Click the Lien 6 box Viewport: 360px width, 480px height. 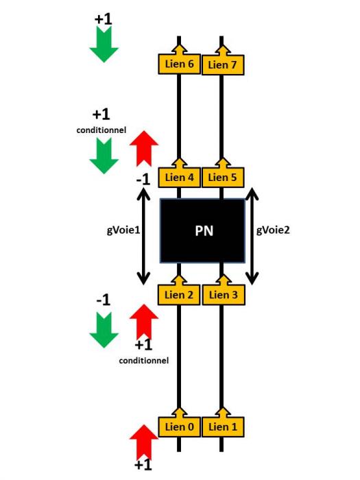click(180, 64)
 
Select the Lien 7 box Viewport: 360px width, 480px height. click(223, 64)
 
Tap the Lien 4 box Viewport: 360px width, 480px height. click(180, 177)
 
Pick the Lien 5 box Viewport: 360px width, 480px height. click(223, 177)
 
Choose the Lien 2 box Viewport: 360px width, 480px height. click(179, 295)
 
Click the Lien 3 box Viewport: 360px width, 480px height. click(224, 295)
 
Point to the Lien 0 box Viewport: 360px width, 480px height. click(180, 427)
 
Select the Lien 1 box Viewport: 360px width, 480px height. click(223, 427)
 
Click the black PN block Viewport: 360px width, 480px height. click(203, 231)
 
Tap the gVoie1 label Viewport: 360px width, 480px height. click(123, 230)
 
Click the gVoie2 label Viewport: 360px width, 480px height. click(273, 230)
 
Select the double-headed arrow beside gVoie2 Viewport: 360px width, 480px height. click(252, 237)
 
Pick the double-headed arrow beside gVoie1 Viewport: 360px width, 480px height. click(143, 237)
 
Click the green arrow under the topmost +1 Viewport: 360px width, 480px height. click(104, 44)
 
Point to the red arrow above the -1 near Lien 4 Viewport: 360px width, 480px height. click(144, 149)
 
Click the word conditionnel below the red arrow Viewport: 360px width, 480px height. click(144, 361)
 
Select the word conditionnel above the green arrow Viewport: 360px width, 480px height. click(101, 130)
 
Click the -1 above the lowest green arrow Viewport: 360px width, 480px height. click(103, 300)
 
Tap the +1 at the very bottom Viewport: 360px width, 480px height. click(143, 465)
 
